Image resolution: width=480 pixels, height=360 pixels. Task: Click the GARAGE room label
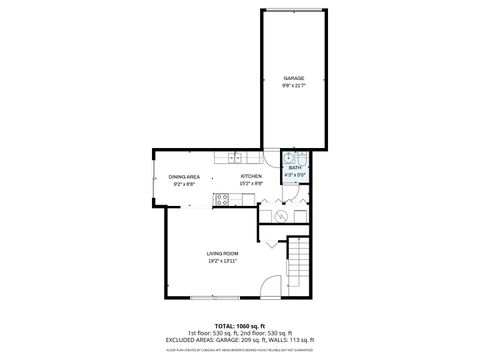pos(293,78)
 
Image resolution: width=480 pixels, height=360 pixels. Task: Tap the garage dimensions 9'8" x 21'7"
pos(293,85)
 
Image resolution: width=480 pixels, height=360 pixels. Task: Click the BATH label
pos(294,168)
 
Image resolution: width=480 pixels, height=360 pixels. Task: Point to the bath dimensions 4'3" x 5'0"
pos(294,175)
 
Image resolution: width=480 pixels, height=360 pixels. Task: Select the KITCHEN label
pos(251,177)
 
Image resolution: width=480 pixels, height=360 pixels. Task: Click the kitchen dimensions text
pos(251,184)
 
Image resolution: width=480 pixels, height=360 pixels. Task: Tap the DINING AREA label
pos(184,177)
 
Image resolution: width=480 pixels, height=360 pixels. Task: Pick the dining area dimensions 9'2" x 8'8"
pos(184,184)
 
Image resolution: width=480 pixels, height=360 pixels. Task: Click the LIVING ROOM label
pos(222,254)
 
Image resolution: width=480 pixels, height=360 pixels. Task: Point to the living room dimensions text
pos(222,261)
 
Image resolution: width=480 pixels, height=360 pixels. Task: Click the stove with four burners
pos(222,198)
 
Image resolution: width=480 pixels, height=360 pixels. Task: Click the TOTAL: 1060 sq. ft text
pos(239,326)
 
